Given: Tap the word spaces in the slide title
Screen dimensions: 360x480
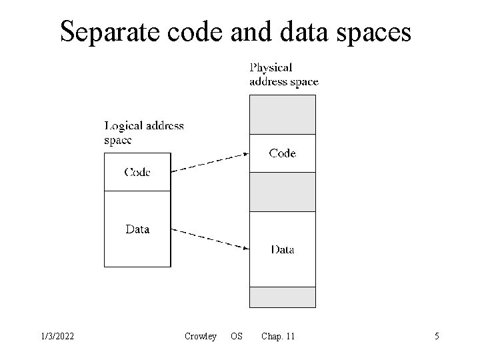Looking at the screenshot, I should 374,31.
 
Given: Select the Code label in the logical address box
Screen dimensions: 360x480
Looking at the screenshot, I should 137,172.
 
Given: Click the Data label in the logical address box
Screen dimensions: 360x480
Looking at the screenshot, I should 137,229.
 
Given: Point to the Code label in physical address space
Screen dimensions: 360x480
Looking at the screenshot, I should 282,153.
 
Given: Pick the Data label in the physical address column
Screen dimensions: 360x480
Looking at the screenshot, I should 282,250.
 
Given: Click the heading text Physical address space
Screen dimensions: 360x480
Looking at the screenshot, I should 283,75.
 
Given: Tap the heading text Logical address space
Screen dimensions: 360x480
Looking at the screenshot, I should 144,132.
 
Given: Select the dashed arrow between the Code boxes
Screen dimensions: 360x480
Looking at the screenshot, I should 210,163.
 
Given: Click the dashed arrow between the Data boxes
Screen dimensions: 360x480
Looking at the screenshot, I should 210,239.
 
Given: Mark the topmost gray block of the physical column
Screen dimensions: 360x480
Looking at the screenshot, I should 282,115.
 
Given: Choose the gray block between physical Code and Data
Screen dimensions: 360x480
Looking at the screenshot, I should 282,192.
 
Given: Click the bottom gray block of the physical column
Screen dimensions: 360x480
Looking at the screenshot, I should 282,297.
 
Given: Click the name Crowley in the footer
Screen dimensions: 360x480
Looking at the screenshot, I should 200,337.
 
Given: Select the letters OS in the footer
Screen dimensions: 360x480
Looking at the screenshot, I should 236,337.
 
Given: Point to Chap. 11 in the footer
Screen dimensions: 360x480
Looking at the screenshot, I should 278,337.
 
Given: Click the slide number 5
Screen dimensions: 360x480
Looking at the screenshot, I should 437,337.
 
